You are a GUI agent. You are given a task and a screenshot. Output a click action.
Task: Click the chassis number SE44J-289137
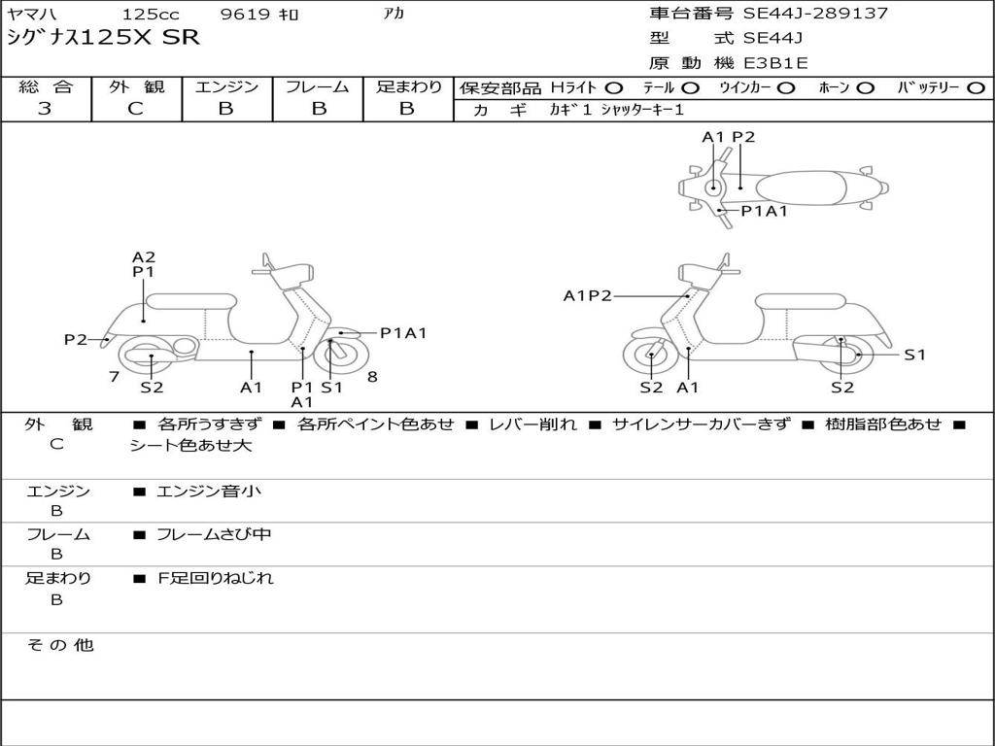tap(815, 14)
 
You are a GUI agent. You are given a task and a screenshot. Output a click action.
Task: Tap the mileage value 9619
tap(245, 14)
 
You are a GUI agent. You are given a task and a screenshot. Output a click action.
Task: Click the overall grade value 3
tap(45, 109)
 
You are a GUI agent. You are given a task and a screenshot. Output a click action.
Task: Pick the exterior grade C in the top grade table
tap(135, 109)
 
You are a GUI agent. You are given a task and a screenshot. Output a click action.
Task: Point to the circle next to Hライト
tap(614, 88)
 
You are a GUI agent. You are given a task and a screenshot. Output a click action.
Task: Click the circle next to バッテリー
tap(976, 88)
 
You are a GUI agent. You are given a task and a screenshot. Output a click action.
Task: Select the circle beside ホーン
tap(865, 88)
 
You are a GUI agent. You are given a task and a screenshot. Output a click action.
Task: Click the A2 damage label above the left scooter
tap(144, 256)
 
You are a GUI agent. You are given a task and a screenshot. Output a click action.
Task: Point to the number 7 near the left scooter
tap(115, 377)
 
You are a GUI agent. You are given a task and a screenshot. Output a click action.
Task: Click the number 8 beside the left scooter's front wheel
tap(372, 377)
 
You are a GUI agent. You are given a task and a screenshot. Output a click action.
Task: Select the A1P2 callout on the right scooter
tap(588, 295)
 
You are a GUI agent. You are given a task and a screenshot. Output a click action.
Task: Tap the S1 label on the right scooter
tap(915, 355)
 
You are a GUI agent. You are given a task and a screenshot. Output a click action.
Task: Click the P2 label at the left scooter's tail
tap(76, 339)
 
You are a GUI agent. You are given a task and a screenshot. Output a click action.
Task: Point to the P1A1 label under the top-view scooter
tap(764, 211)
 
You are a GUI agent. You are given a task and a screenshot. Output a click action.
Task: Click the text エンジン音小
tap(209, 491)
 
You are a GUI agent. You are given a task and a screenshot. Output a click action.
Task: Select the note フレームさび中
tap(214, 534)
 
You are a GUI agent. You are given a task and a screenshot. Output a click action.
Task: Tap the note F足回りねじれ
tap(215, 578)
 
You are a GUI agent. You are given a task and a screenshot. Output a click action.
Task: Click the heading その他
tap(60, 645)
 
